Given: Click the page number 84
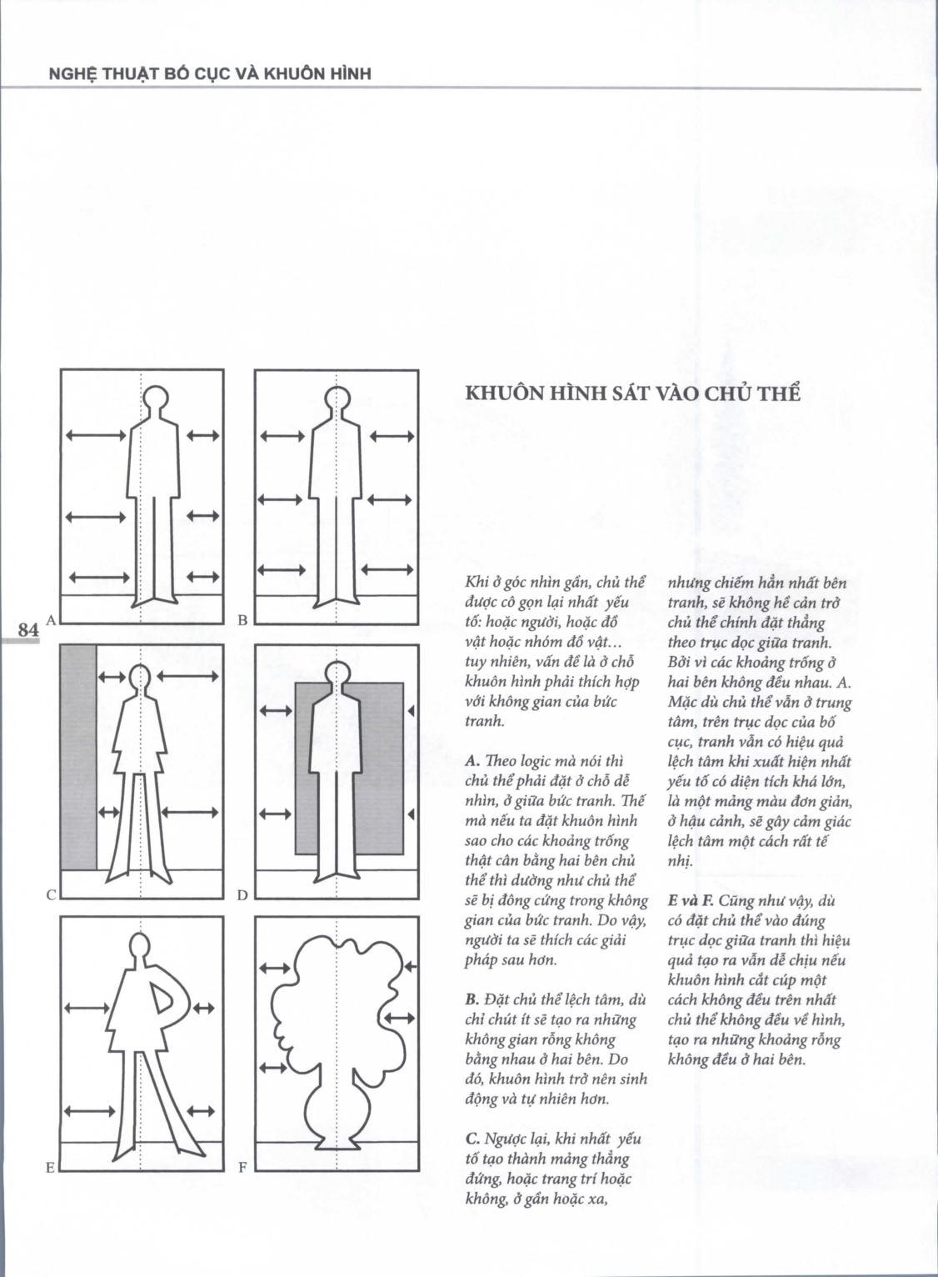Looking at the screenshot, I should point(28,630).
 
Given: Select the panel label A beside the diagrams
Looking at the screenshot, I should point(51,619).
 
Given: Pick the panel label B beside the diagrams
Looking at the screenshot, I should point(242,619).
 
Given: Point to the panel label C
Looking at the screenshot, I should point(51,895).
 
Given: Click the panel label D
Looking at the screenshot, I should point(242,895).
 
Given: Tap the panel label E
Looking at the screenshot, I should point(51,1168).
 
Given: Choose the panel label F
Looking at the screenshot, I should point(242,1168).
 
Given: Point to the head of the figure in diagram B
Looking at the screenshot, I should point(337,402).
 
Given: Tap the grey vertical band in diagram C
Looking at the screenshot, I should point(79,756).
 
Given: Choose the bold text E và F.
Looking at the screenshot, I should point(691,901).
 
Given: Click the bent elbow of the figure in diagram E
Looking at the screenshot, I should point(188,994).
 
